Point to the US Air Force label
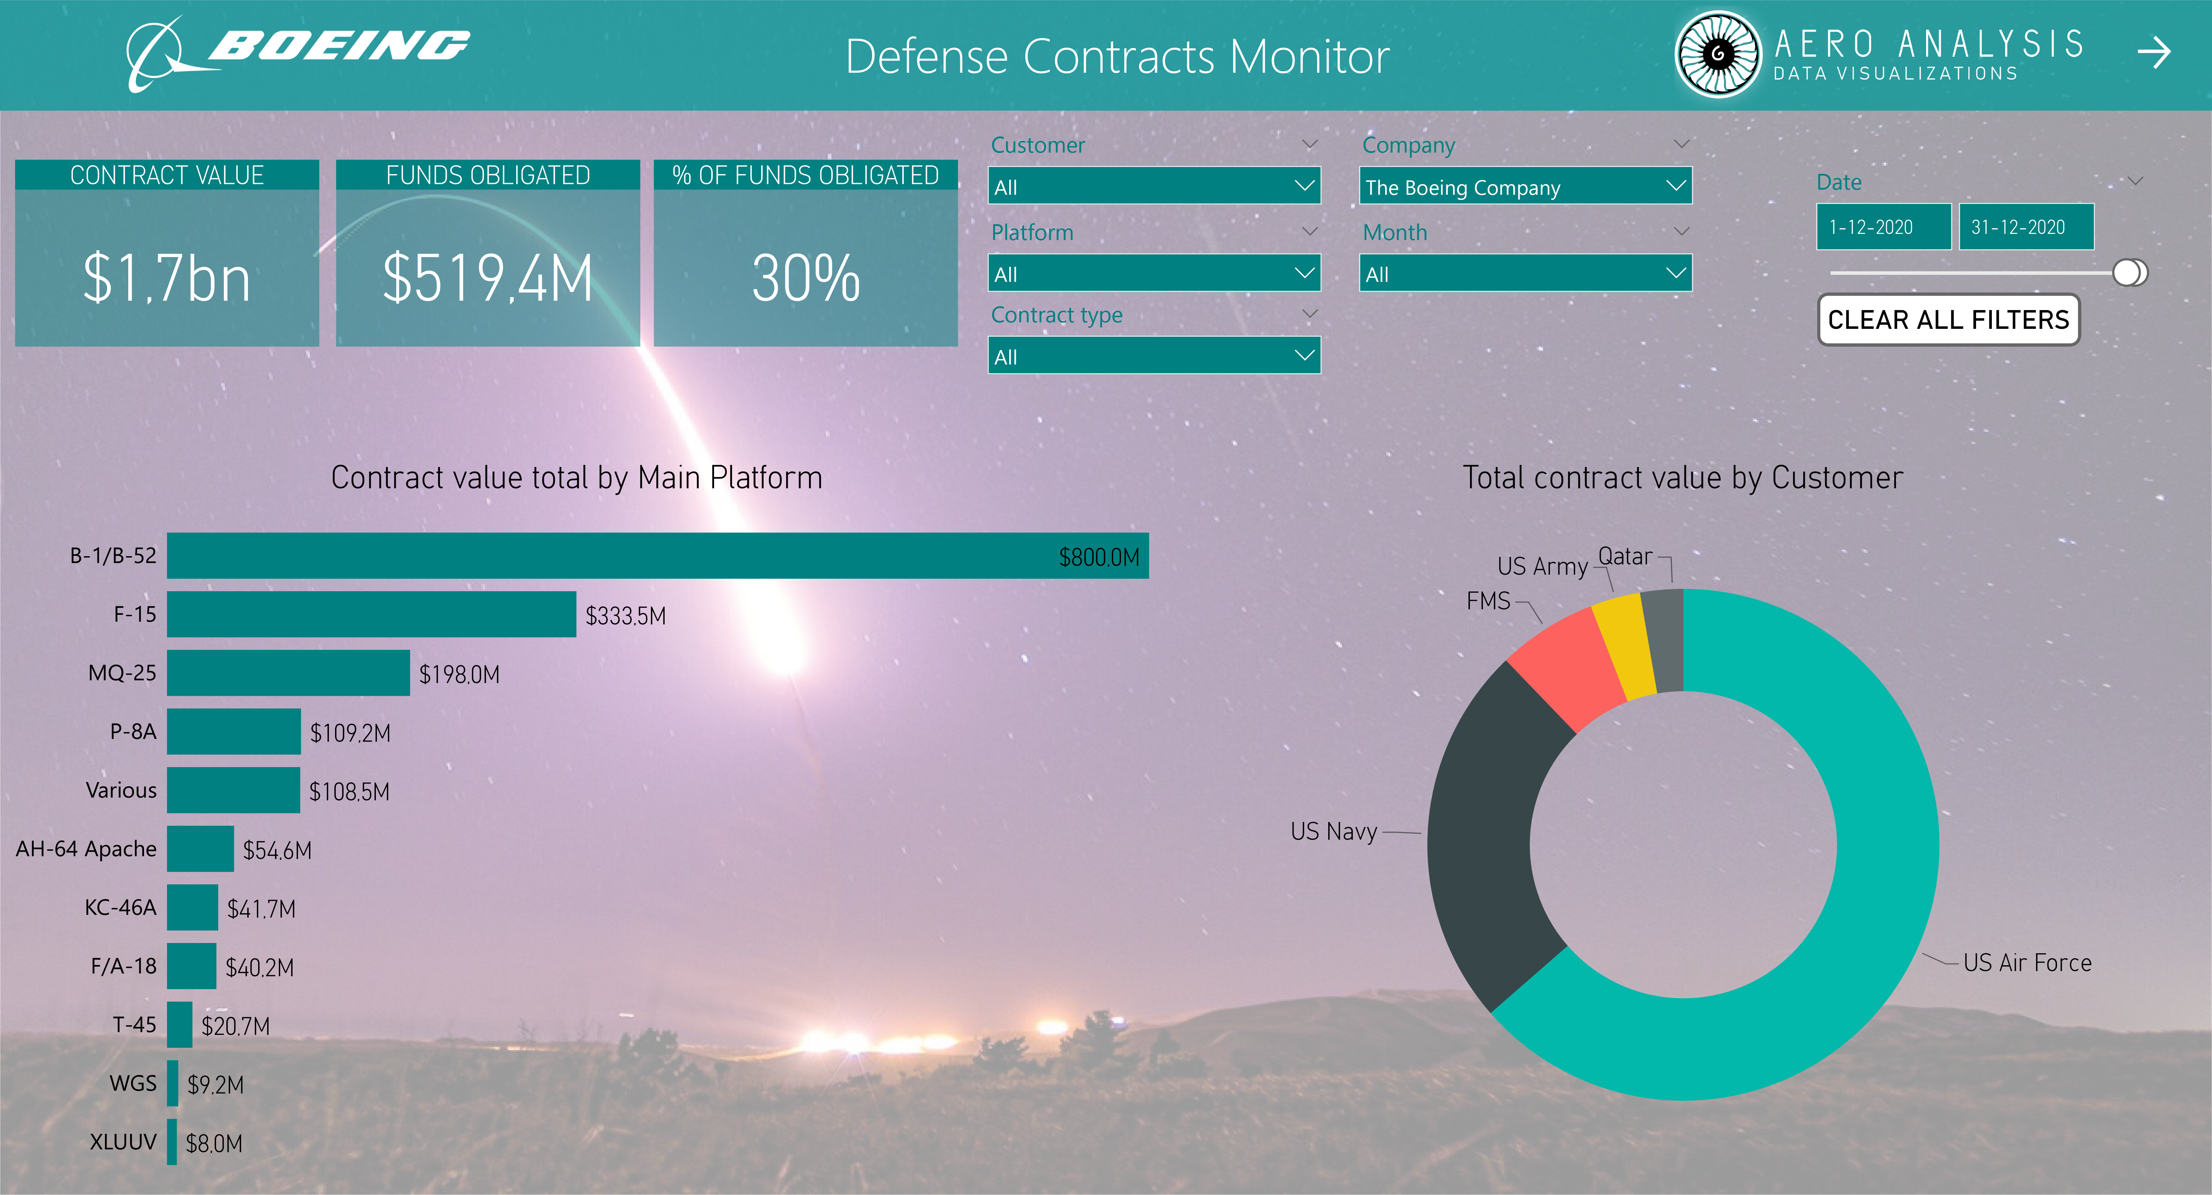[2026, 963]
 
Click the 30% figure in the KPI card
[806, 278]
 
